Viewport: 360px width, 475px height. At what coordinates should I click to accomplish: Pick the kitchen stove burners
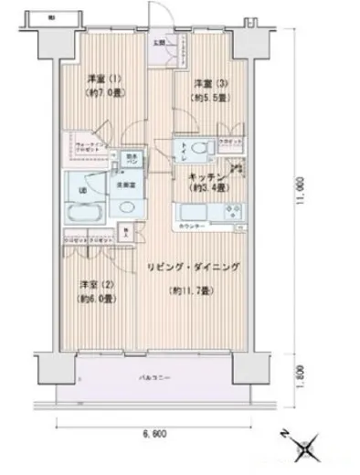229,215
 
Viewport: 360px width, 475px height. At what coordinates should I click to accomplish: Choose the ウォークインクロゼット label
84,146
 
